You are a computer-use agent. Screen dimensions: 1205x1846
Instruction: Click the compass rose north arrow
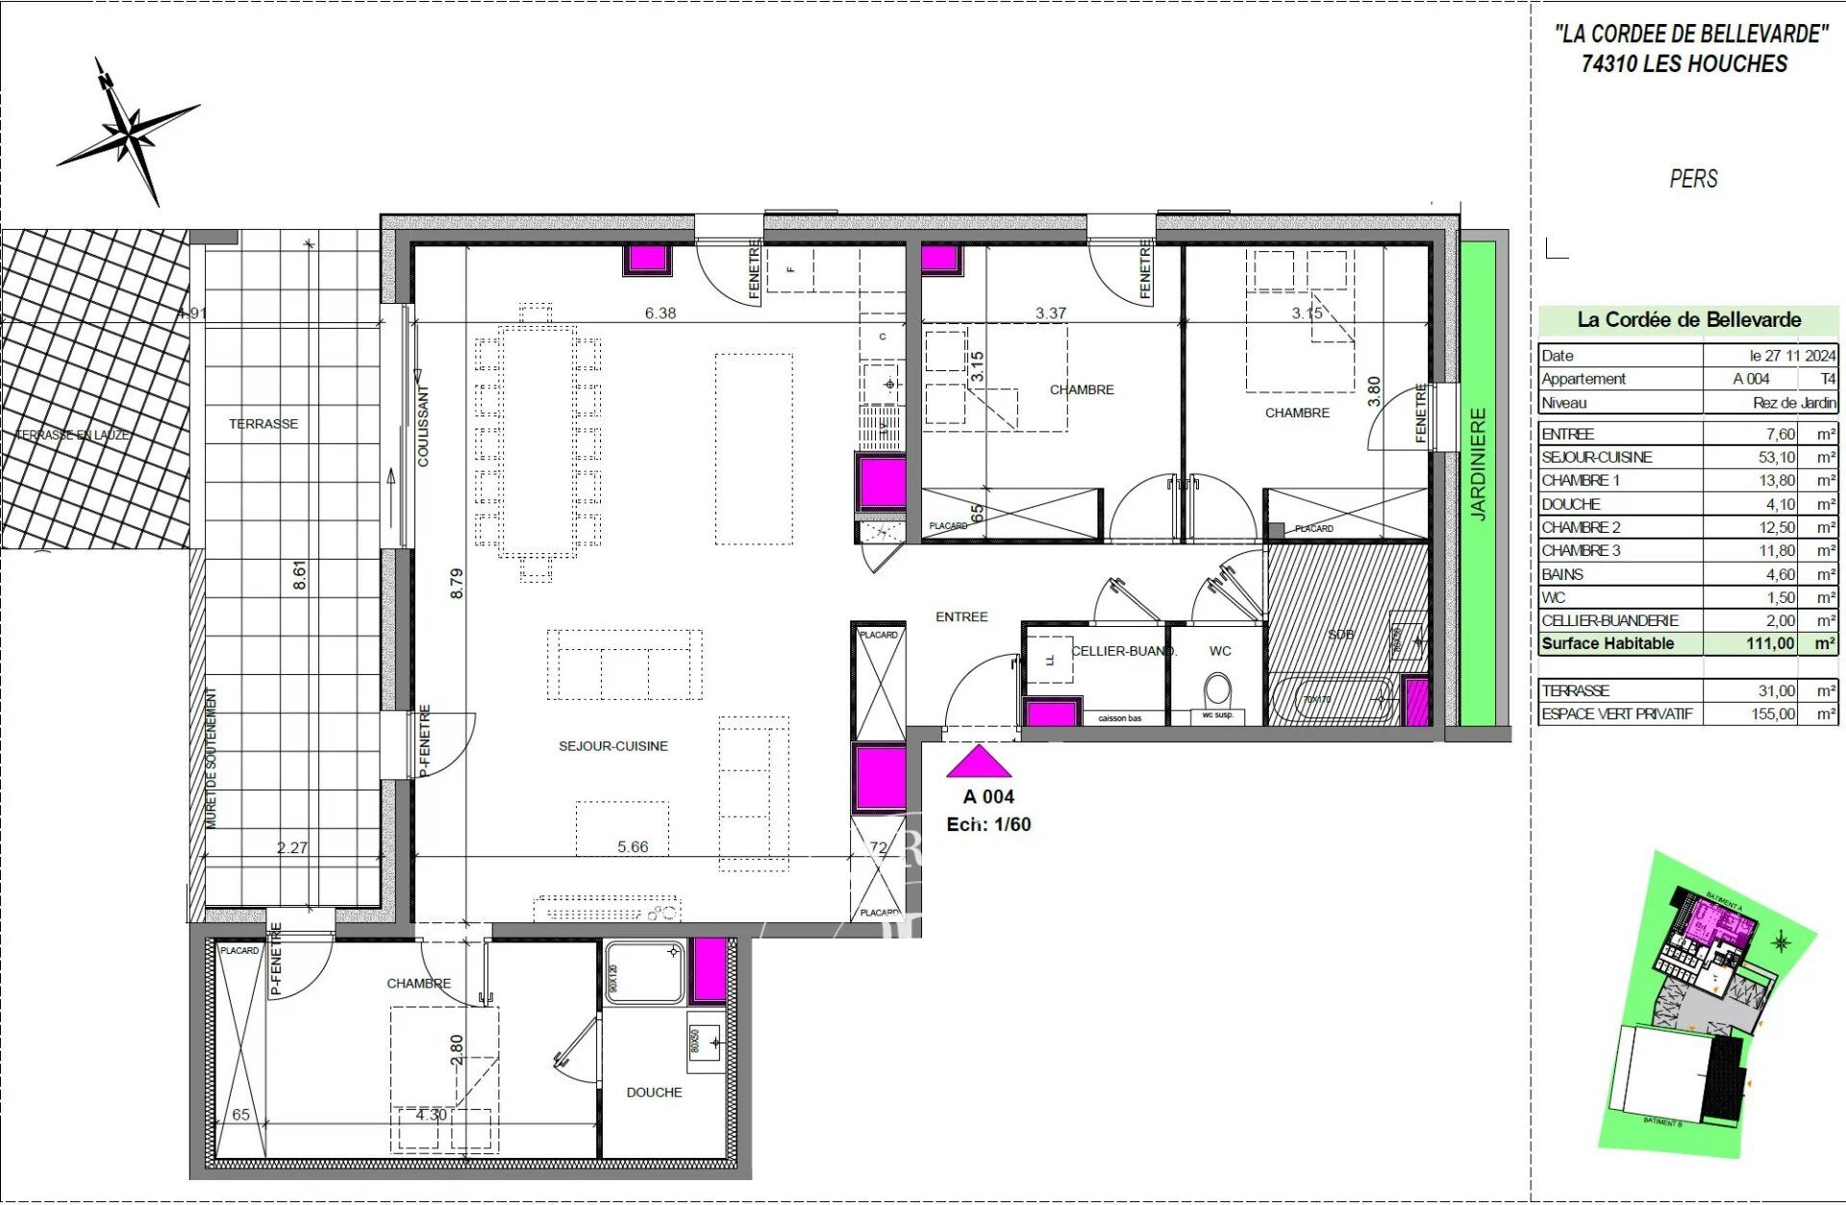[x=129, y=133]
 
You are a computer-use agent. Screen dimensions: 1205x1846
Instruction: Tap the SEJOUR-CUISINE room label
[x=612, y=746]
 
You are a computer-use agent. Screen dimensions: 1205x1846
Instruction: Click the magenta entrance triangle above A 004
[x=979, y=763]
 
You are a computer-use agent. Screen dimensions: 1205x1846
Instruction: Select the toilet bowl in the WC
[x=1217, y=690]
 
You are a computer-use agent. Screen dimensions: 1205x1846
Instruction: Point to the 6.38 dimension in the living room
[x=661, y=314]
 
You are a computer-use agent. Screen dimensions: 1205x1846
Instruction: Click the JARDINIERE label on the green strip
[x=1479, y=464]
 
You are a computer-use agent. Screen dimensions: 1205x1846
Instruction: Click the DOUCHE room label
[x=654, y=1092]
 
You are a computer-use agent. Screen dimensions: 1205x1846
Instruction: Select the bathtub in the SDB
[x=1331, y=699]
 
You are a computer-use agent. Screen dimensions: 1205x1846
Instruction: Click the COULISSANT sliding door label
[x=423, y=426]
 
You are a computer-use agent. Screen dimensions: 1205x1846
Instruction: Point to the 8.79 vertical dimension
[x=457, y=584]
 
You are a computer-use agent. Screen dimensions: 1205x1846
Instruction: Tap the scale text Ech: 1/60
[x=988, y=825]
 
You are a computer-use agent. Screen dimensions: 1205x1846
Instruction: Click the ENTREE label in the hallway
[x=961, y=617]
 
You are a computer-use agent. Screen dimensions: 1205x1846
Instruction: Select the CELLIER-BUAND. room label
[x=1122, y=651]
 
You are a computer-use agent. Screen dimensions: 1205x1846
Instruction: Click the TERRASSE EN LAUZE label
[x=73, y=435]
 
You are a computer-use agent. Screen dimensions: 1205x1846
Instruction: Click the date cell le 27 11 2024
[x=1792, y=356]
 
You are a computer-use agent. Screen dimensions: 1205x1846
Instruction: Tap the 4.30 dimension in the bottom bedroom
[x=432, y=1116]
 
